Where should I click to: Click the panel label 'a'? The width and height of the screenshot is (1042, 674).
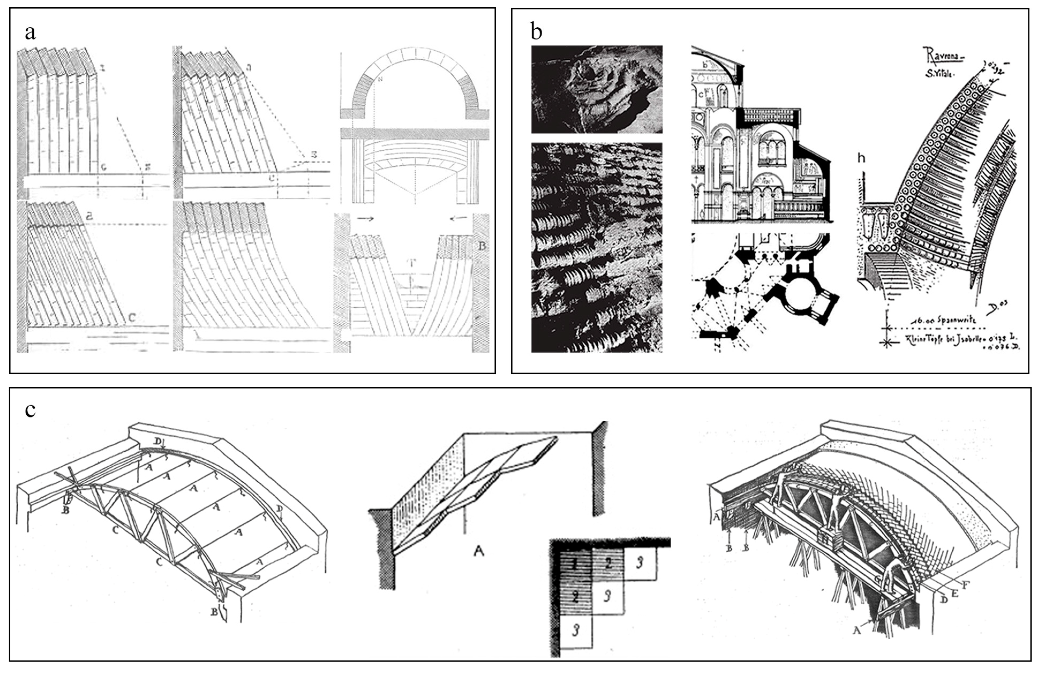click(30, 33)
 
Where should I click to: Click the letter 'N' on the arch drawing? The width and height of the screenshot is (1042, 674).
click(380, 80)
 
